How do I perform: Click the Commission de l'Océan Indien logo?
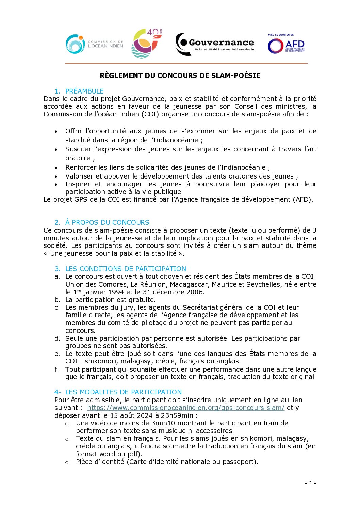coord(94,44)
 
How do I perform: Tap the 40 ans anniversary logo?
coord(146,44)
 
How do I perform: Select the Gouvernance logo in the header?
coord(215,44)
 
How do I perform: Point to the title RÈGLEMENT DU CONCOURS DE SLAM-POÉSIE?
coord(180,75)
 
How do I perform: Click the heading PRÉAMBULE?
coord(84,91)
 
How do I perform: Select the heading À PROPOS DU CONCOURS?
coord(107,222)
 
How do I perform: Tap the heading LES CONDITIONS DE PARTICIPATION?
coord(126,269)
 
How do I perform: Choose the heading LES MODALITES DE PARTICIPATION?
coord(123,392)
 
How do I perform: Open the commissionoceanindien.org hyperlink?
coord(186,408)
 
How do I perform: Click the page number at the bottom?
coord(310,483)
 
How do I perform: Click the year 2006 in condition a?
coord(194,292)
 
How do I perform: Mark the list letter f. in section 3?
coord(57,369)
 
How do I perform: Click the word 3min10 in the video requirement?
coord(163,423)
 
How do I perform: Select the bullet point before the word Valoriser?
coord(56,176)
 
